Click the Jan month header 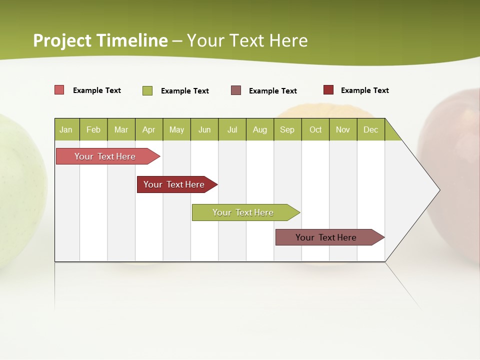66,129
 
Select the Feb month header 93,129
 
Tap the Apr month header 149,129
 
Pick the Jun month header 204,129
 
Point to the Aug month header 260,129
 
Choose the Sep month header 287,129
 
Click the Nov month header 343,129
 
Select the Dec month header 371,129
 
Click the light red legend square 59,90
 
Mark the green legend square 147,90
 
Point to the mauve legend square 236,90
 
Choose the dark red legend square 328,90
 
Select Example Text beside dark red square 364,90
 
